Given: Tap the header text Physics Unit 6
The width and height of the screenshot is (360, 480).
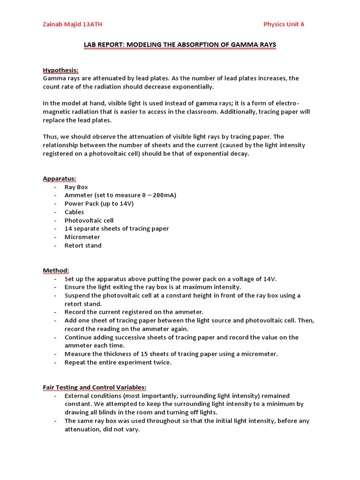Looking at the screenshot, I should coord(284,24).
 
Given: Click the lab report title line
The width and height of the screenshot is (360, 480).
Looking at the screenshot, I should coord(180,45).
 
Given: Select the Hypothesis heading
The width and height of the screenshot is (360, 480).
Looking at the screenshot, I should coord(61,70).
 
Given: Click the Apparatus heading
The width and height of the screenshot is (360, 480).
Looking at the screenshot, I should coord(60,179).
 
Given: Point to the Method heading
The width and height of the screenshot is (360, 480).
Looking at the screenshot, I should coord(56,270).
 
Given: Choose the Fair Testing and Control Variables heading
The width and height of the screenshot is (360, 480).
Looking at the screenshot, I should coord(95,387).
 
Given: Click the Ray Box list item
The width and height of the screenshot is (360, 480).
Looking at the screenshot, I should coord(76,187).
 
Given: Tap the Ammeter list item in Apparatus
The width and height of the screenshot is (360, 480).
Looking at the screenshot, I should coord(120,195).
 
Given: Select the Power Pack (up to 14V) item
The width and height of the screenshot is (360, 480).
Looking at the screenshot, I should coord(99,204).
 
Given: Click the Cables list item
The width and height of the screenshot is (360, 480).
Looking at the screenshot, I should coord(75,212).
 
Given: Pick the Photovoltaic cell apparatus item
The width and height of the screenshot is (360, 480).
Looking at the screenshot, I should coord(89,220).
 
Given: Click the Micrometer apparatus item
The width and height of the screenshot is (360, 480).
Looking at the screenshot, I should coord(82,237).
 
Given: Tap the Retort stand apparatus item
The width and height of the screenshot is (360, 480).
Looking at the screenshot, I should coord(83,246).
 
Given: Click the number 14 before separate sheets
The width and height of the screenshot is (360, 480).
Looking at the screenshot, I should coord(68,229).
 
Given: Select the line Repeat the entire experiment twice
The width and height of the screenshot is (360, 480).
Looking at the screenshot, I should coord(118,363).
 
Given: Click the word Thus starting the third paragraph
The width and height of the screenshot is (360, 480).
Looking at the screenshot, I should coord(51,137).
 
